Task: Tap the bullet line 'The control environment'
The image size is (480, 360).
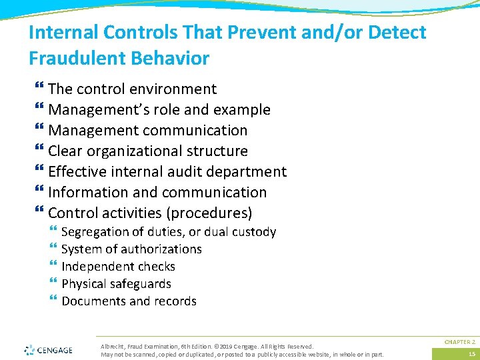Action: pos(132,89)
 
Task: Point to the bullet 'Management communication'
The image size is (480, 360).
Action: pos(147,131)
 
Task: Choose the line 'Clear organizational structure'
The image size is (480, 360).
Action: pos(147,151)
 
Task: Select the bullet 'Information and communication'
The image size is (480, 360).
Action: pos(157,193)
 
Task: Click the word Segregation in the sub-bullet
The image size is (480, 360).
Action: pos(95,232)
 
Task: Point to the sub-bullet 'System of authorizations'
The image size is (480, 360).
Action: pos(131,249)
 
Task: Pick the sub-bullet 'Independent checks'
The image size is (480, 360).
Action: pos(118,267)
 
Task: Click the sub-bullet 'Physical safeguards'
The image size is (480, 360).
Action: pos(116,284)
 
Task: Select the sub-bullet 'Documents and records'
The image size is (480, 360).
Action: pos(129,301)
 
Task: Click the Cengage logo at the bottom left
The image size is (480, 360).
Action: pos(49,349)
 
